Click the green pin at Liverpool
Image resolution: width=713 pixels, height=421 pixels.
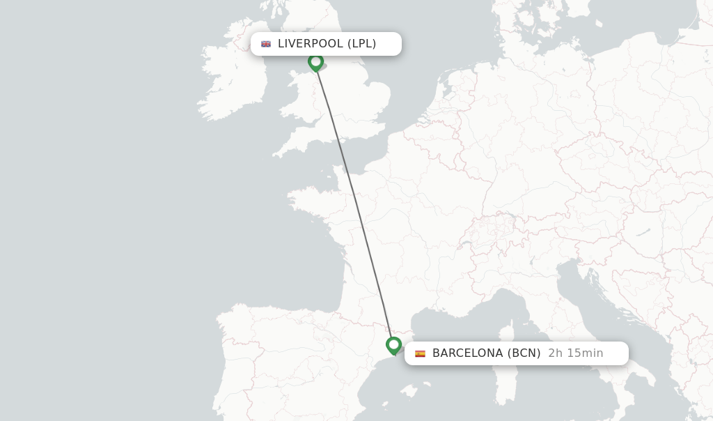coord(315,62)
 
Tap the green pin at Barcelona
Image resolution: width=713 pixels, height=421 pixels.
coord(393,345)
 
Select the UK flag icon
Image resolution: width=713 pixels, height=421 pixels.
coord(266,44)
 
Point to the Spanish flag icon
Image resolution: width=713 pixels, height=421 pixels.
coord(420,353)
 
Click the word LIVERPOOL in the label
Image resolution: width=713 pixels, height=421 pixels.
coord(310,44)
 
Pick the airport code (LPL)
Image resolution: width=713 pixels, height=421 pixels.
coord(362,44)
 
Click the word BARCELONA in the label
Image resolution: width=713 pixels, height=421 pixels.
coord(467,353)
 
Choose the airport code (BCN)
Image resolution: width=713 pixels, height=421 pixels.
coord(524,353)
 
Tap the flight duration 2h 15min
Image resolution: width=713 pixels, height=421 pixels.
coord(575,353)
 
